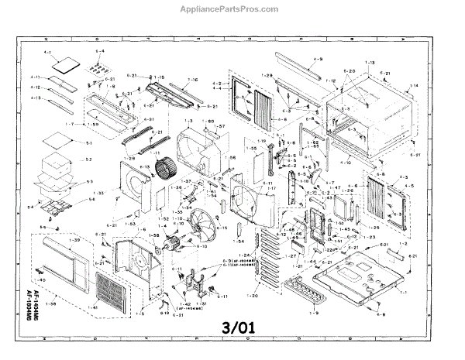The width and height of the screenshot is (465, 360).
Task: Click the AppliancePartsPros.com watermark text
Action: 233,10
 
